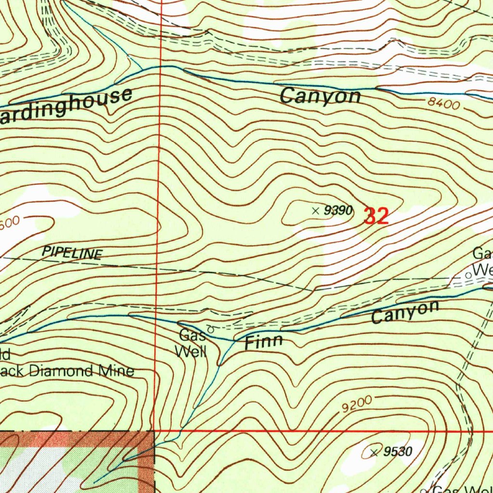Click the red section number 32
tap(376, 216)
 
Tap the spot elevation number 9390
tap(338, 210)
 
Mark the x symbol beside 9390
tap(315, 210)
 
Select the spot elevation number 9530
tap(398, 452)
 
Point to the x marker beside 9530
tap(374, 452)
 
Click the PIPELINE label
tap(72, 253)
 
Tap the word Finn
tap(263, 342)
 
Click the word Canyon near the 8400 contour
tap(320, 96)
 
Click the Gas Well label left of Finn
tap(192, 343)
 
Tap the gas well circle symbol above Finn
tap(210, 329)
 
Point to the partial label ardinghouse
tap(65, 106)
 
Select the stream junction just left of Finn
tap(234, 340)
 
